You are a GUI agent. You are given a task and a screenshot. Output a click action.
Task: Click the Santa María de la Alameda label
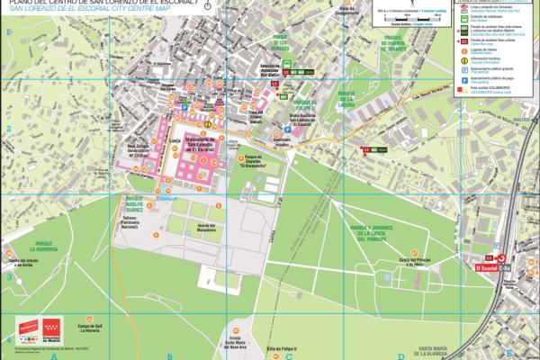[x=438, y=352]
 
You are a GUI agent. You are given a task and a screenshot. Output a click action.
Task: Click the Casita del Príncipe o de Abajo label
[x=404, y=262]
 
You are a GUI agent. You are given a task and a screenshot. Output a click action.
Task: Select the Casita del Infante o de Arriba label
[x=34, y=264]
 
